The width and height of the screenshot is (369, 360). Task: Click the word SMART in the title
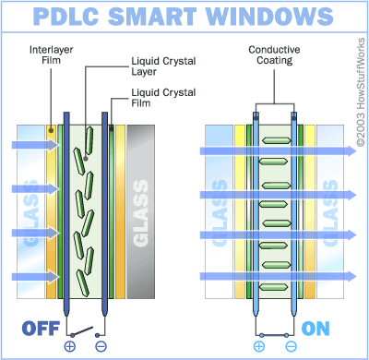pyautogui.click(x=152, y=16)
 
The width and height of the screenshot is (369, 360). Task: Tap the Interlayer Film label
pyautogui.click(x=51, y=54)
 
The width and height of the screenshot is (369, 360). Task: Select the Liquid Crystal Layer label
pyautogui.click(x=163, y=66)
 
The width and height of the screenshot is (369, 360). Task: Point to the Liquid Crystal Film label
pyautogui.click(x=163, y=98)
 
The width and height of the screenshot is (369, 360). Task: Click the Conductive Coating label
pyautogui.click(x=274, y=54)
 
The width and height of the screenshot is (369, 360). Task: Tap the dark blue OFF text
pyautogui.click(x=41, y=329)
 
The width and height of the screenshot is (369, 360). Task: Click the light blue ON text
pyautogui.click(x=315, y=329)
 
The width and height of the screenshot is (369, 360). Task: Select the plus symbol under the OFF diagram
pyautogui.click(x=70, y=346)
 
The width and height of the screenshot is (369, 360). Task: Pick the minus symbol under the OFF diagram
pyautogui.click(x=101, y=346)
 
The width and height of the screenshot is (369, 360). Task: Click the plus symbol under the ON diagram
pyautogui.click(x=259, y=346)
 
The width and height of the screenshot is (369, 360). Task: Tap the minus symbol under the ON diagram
pyautogui.click(x=291, y=346)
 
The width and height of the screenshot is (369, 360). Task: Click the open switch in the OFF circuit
pyautogui.click(x=82, y=331)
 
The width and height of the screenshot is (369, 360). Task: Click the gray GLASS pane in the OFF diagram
pyautogui.click(x=141, y=211)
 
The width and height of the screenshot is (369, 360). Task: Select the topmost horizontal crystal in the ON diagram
pyautogui.click(x=276, y=140)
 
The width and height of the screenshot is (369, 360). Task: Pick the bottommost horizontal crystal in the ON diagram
pyautogui.click(x=274, y=287)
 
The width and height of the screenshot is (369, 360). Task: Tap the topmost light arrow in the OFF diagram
pyautogui.click(x=35, y=144)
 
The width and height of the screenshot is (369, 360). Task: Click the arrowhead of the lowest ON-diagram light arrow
pyautogui.click(x=351, y=276)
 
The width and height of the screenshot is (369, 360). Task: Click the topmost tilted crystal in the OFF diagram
pyautogui.click(x=89, y=140)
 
